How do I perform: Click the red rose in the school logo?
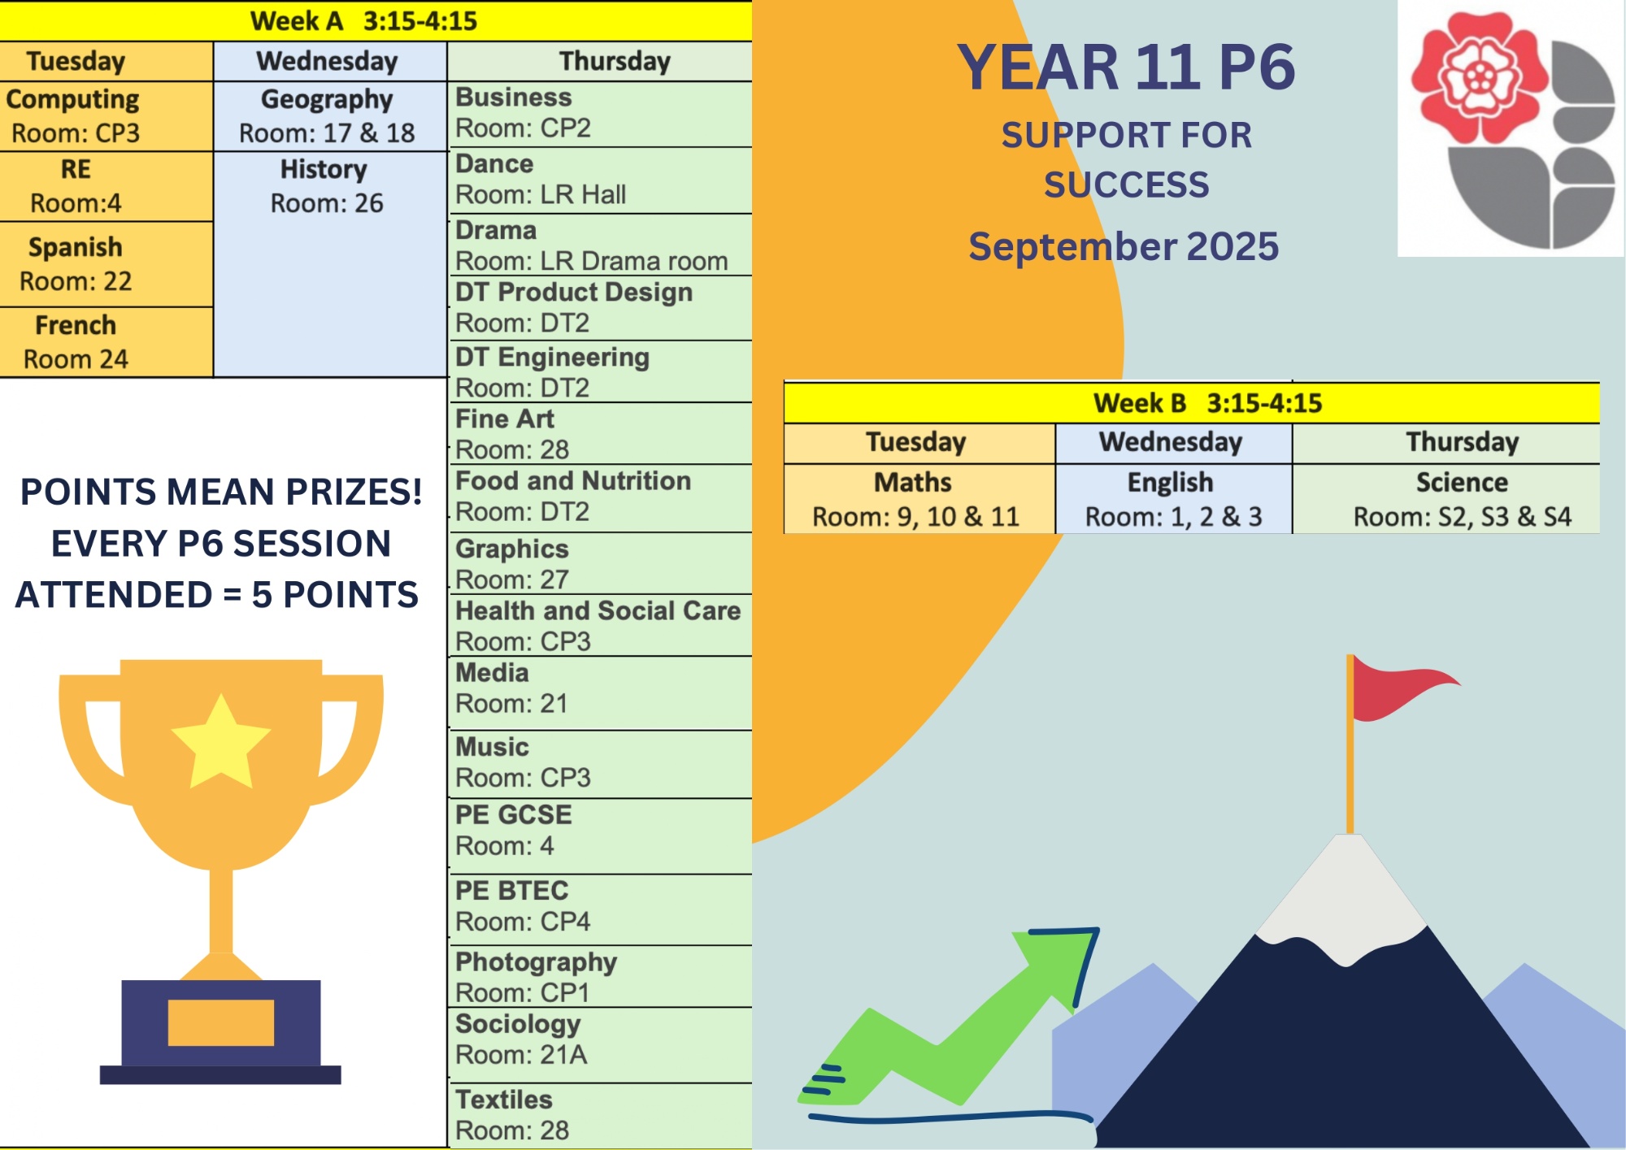tap(1479, 78)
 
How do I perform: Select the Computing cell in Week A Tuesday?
tap(107, 116)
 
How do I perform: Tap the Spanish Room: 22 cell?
tap(107, 264)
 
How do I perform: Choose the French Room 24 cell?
tap(107, 342)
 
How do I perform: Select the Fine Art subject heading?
tap(505, 419)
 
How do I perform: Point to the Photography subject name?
tap(537, 962)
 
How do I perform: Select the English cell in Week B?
tap(1173, 499)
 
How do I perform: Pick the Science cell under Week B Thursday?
tap(1446, 499)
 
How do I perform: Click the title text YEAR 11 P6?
tap(1126, 67)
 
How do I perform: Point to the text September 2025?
tap(1124, 246)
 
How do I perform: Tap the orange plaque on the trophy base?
tap(221, 1022)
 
